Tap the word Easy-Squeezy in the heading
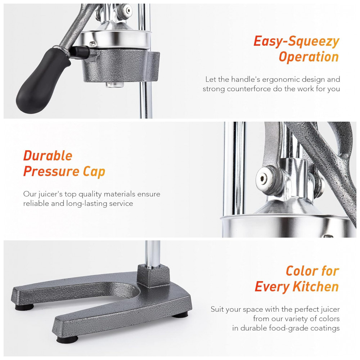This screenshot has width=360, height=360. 296,42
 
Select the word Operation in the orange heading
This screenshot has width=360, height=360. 309,57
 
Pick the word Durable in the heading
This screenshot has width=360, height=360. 48,156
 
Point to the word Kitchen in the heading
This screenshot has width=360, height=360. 316,287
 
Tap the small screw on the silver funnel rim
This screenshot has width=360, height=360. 92,43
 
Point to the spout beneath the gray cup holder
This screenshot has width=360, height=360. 115,85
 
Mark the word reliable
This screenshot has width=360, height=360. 36,204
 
